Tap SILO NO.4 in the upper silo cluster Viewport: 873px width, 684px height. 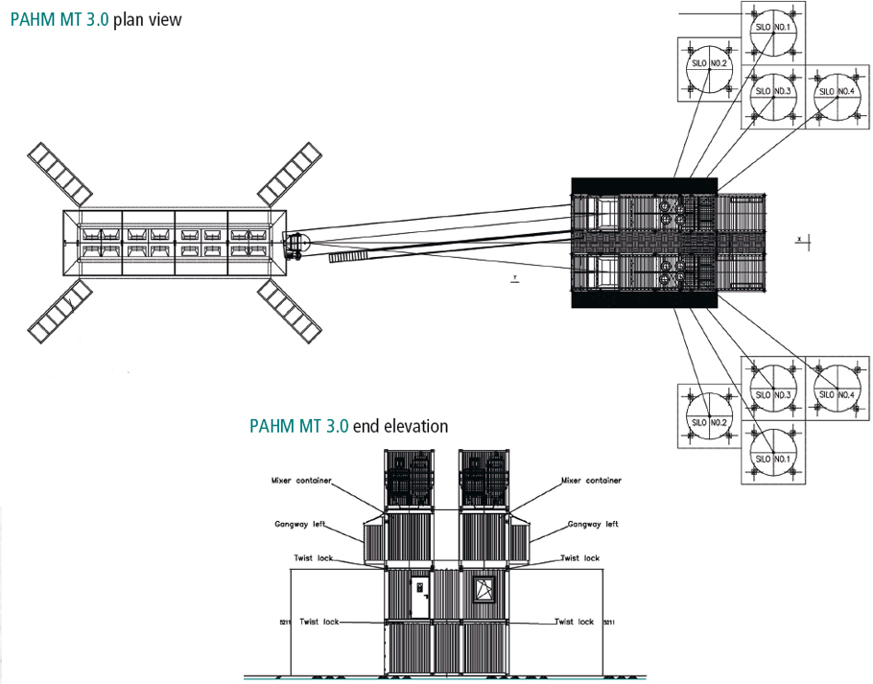click(835, 92)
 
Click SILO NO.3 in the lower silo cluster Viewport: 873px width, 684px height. click(772, 394)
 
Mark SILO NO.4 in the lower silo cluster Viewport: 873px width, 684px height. click(835, 394)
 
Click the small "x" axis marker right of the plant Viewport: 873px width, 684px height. click(798, 236)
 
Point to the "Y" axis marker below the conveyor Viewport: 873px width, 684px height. click(515, 279)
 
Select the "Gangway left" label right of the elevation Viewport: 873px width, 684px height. click(591, 524)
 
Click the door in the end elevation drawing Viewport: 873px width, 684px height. click(419, 595)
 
